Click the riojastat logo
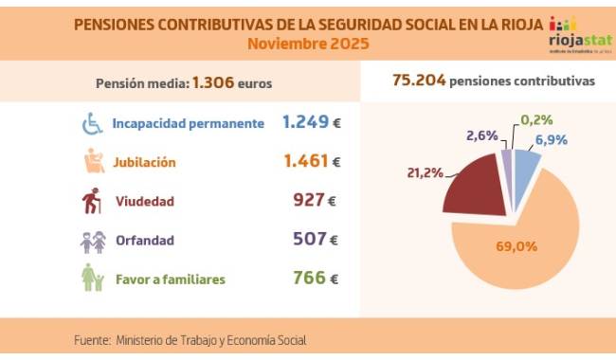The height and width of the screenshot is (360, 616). click(573, 36)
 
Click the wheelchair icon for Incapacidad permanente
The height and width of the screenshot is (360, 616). click(93, 124)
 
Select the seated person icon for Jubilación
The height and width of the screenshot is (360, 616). click(93, 162)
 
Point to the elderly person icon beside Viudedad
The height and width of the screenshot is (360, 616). click(93, 202)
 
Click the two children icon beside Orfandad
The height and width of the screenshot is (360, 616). click(93, 241)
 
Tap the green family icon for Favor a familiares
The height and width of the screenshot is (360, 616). click(93, 279)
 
